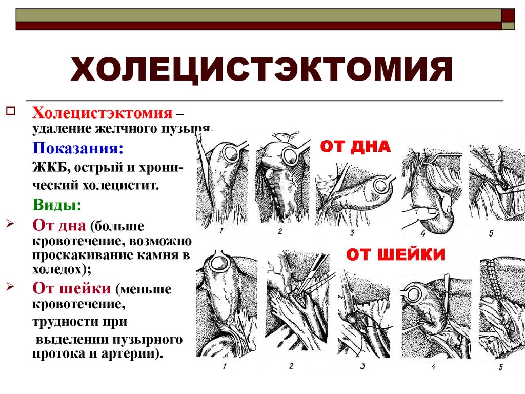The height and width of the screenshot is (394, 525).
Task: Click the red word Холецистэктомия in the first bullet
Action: tap(102, 113)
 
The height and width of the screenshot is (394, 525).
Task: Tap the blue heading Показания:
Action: tap(78, 148)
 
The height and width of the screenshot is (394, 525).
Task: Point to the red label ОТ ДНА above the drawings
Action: tap(355, 147)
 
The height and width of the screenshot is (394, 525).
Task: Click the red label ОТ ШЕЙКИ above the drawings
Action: tap(395, 254)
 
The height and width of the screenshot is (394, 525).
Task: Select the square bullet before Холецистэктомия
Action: tap(11, 110)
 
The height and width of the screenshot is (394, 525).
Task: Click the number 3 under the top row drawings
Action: tap(352, 233)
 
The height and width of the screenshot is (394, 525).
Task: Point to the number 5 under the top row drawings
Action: tap(491, 233)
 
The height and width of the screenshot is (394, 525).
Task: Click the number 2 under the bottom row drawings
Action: tap(291, 366)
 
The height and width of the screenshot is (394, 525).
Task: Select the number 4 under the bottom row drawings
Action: tap(434, 366)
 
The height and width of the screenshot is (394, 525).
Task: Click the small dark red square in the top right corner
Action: tap(508, 14)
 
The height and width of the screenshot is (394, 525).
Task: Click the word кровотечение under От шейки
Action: tap(77, 305)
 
